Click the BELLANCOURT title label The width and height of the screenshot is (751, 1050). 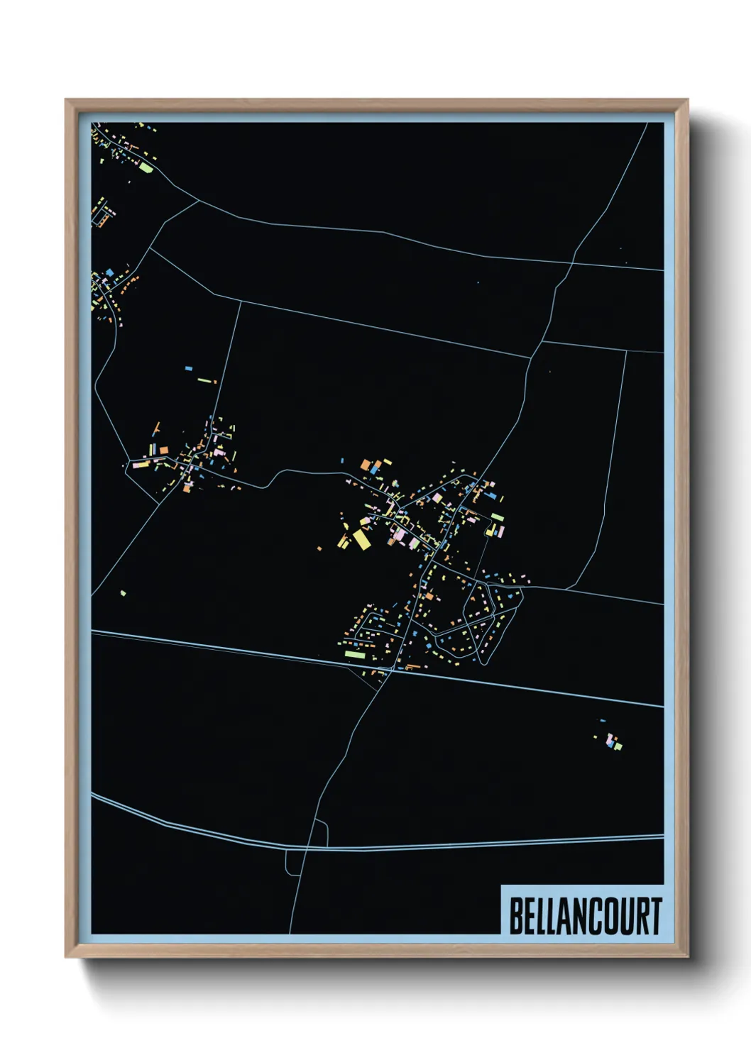(x=585, y=916)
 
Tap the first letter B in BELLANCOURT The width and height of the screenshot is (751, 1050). (x=516, y=916)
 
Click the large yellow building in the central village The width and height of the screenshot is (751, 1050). (x=362, y=540)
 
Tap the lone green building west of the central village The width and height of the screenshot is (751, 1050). (x=124, y=592)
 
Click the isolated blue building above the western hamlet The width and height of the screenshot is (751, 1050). (x=188, y=369)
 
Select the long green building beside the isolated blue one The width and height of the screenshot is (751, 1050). (x=206, y=381)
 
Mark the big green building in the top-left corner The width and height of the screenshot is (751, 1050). (x=146, y=168)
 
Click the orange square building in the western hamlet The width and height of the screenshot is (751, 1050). (x=163, y=450)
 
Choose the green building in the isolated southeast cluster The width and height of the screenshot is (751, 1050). (x=618, y=746)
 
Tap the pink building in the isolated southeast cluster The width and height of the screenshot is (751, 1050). (x=610, y=741)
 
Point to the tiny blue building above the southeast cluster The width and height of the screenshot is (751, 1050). (x=603, y=721)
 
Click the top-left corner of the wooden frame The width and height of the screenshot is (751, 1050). (x=67, y=101)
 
